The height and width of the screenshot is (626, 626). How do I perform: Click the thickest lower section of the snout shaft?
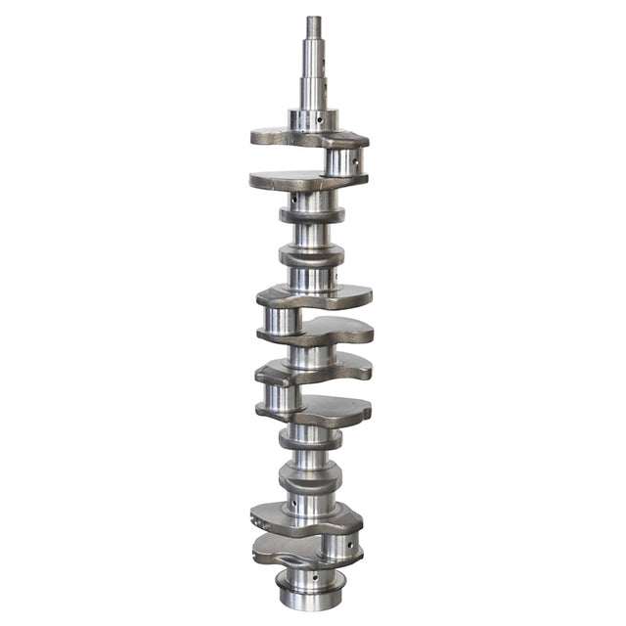[314, 93]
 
